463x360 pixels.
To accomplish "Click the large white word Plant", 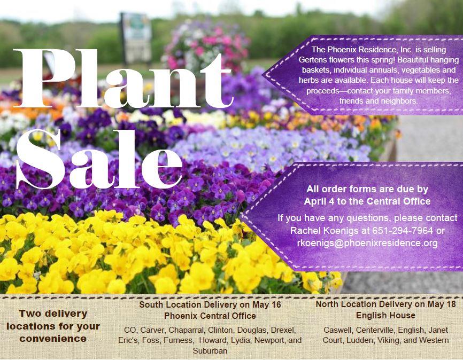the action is [122, 78].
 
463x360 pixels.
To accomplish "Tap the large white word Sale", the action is [99, 159].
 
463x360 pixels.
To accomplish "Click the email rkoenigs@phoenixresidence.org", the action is [367, 243].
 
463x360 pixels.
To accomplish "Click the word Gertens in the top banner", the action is [314, 60].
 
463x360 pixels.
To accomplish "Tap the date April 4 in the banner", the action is [319, 201].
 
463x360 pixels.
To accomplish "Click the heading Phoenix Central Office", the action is [210, 316].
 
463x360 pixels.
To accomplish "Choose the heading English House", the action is [385, 316].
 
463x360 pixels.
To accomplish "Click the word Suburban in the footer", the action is [210, 351].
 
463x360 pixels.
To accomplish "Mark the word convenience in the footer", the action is [53, 339].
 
